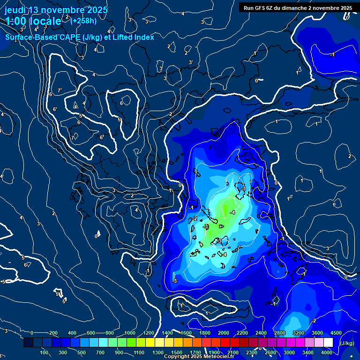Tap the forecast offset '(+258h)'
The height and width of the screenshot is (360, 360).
tap(83, 20)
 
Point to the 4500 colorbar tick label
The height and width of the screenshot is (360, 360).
tap(336, 333)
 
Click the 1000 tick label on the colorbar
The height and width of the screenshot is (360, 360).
tap(130, 333)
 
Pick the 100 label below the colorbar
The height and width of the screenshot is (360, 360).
tap(45, 352)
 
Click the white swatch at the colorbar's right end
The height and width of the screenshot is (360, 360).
tap(341, 343)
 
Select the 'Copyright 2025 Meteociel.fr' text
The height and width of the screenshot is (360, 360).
tap(198, 357)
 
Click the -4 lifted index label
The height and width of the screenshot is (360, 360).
tap(232, 212)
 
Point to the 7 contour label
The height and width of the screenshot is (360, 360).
tap(59, 90)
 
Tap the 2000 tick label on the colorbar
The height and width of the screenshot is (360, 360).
tap(224, 333)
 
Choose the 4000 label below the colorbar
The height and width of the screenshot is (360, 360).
tap(327, 352)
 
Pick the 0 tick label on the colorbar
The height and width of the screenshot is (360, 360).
tap(32, 333)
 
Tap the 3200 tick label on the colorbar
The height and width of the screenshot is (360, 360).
tap(298, 333)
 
